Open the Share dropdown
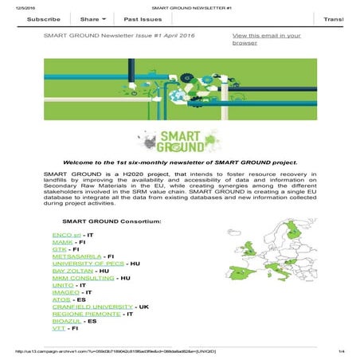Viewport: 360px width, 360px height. point(93,18)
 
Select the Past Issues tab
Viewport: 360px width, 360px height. point(146,18)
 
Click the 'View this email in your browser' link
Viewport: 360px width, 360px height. point(266,39)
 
